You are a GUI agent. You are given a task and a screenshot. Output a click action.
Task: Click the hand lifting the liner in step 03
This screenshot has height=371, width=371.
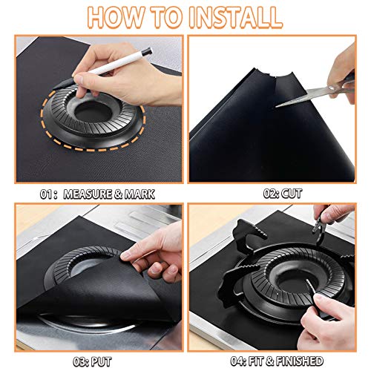tap(156, 256)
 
